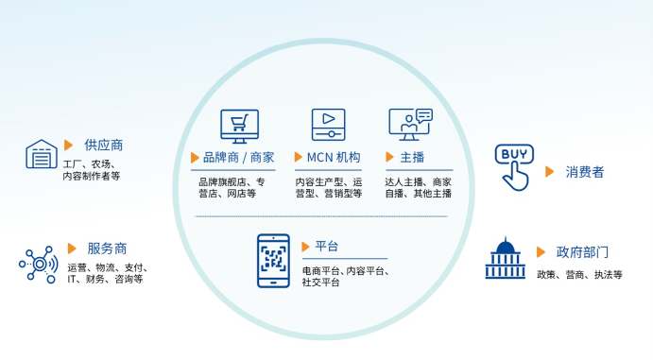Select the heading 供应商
tap(103, 146)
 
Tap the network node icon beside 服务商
tap(39, 264)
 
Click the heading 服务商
tap(107, 249)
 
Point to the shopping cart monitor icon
tap(239, 126)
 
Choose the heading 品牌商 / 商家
tap(238, 158)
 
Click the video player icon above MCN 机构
tap(328, 125)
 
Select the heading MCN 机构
tap(334, 158)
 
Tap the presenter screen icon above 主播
tap(410, 125)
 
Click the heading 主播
tap(412, 158)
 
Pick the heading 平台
tap(327, 247)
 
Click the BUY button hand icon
tap(514, 166)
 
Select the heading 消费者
tap(585, 172)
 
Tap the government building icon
tap(505, 258)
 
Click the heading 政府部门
tap(582, 252)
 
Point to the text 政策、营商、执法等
tap(580, 274)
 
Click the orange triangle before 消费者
tap(550, 172)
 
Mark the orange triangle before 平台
tap(305, 247)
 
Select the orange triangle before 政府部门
tap(541, 252)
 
